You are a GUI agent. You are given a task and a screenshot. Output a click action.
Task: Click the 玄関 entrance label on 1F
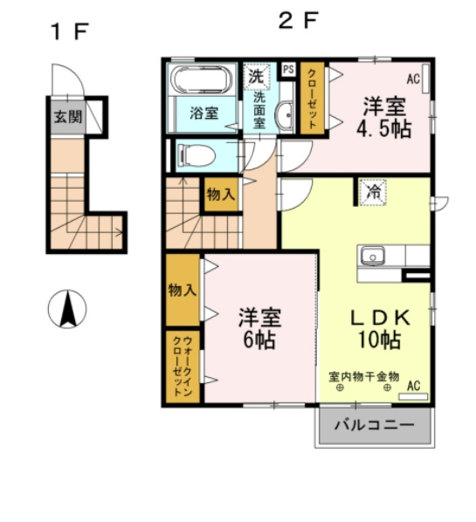pyautogui.click(x=68, y=117)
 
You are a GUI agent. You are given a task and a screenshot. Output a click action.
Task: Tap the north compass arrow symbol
pyautogui.click(x=67, y=309)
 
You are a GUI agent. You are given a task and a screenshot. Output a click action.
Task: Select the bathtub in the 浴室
pyautogui.click(x=202, y=79)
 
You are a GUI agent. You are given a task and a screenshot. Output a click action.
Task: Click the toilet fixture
pyautogui.click(x=197, y=155)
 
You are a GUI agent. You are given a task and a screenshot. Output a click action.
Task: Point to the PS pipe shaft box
pyautogui.click(x=288, y=70)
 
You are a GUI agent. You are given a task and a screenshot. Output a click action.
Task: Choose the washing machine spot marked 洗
pyautogui.click(x=257, y=77)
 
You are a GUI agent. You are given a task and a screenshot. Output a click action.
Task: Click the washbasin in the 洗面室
pyautogui.click(x=284, y=115)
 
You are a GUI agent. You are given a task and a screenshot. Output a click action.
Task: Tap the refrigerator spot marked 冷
pyautogui.click(x=373, y=192)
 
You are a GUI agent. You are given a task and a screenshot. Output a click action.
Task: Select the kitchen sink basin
pyautogui.click(x=372, y=257)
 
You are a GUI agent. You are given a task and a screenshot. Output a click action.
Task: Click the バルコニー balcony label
pyautogui.click(x=374, y=425)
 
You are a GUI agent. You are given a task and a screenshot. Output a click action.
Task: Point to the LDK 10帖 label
pyautogui.click(x=380, y=328)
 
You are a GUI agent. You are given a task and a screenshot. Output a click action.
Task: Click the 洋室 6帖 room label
pyautogui.click(x=259, y=328)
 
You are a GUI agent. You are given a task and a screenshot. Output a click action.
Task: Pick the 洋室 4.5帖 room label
pyautogui.click(x=384, y=117)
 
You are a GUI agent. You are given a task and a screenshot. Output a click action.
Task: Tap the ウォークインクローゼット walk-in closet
pyautogui.click(x=183, y=367)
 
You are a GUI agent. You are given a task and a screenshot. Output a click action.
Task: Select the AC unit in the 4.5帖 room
pyautogui.click(x=425, y=79)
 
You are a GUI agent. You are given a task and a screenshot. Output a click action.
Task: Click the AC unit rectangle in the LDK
pyautogui.click(x=413, y=396)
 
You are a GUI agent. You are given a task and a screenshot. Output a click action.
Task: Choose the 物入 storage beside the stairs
pyautogui.click(x=221, y=195)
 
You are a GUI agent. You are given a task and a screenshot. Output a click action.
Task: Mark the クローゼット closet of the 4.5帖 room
pyautogui.click(x=312, y=99)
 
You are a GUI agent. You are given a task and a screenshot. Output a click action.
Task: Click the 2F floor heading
pyautogui.click(x=298, y=20)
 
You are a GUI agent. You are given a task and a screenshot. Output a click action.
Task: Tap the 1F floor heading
pyautogui.click(x=70, y=31)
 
